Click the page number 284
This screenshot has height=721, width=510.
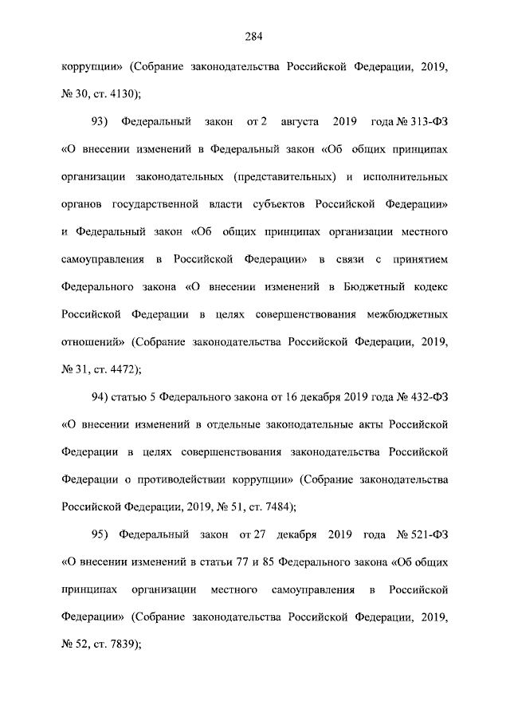click(254, 36)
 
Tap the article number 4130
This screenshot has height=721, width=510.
click(126, 93)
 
